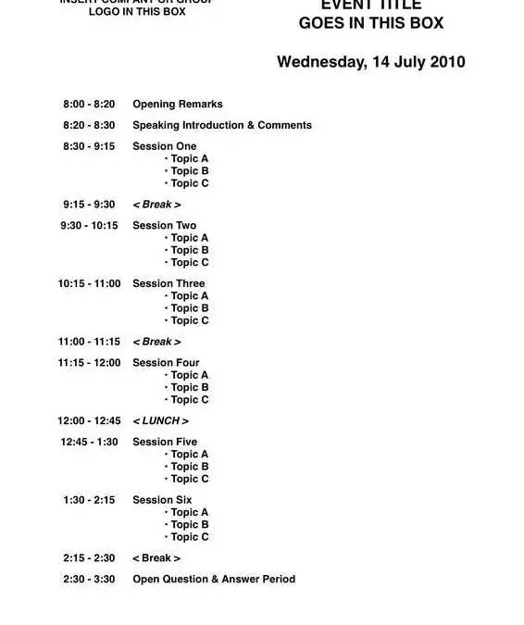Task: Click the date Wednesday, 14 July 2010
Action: point(370,63)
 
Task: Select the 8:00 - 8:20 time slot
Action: point(89,105)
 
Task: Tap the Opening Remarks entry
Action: point(177,105)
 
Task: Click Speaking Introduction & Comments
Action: point(222,125)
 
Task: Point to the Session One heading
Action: point(164,146)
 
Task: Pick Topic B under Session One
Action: point(189,171)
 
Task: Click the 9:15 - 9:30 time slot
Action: point(89,205)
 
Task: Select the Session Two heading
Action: point(164,226)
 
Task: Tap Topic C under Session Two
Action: point(189,263)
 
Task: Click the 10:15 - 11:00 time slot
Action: point(89,284)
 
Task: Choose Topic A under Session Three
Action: point(189,296)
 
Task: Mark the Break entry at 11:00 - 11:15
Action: point(156,343)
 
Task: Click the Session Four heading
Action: point(166,363)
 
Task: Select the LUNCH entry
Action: point(160,421)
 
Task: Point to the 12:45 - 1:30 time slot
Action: point(89,443)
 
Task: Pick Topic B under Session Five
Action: point(189,468)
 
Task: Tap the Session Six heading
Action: point(162,500)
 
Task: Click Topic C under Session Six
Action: point(189,537)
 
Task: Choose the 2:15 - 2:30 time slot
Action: point(89,558)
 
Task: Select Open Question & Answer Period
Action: point(214,580)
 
